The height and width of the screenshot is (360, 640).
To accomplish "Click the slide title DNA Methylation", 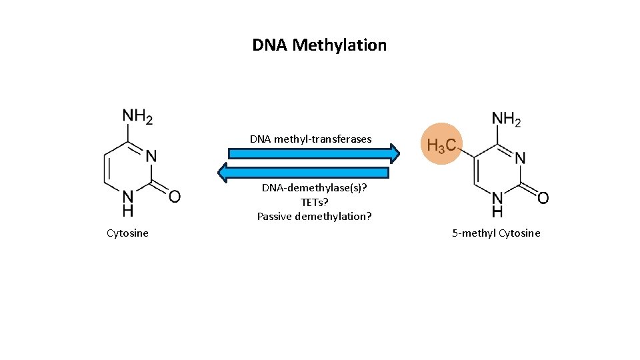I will pyautogui.click(x=319, y=45).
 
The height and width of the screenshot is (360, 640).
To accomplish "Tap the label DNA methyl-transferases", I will pyautogui.click(x=311, y=139).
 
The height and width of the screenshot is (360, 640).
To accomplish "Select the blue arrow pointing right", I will pyautogui.click(x=313, y=153).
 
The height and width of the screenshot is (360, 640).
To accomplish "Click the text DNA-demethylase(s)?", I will pyautogui.click(x=314, y=188).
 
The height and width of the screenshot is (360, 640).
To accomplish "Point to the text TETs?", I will pyautogui.click(x=314, y=202).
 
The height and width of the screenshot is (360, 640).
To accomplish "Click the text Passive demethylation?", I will pyautogui.click(x=314, y=216).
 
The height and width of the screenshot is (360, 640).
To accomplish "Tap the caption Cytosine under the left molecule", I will pyautogui.click(x=127, y=233).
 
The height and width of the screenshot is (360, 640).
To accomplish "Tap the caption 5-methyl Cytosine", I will pyautogui.click(x=496, y=233).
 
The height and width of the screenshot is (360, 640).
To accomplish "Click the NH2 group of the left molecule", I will pyautogui.click(x=137, y=116).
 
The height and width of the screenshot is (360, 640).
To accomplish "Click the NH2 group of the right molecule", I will pyautogui.click(x=506, y=119).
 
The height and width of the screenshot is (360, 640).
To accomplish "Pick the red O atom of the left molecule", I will pyautogui.click(x=174, y=196).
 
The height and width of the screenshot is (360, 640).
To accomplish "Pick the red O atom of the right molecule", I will pyautogui.click(x=543, y=198).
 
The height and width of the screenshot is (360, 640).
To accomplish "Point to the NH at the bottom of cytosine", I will pyautogui.click(x=127, y=203).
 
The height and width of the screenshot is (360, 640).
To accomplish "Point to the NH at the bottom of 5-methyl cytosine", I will pyautogui.click(x=497, y=205).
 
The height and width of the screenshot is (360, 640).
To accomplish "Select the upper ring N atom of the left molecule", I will pyautogui.click(x=151, y=156).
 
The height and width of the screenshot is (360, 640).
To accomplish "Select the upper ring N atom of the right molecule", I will pyautogui.click(x=520, y=159).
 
